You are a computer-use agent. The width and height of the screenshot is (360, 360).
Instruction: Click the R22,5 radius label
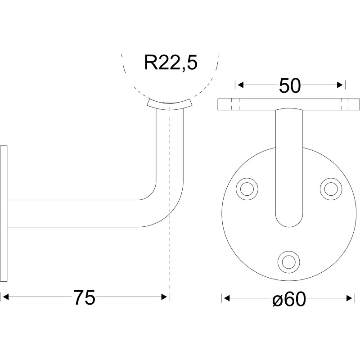(171, 63)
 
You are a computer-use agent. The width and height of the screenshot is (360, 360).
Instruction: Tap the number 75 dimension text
(84, 298)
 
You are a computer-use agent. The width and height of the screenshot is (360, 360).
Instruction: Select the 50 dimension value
(290, 85)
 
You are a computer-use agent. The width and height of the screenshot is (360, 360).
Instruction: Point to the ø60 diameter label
(289, 299)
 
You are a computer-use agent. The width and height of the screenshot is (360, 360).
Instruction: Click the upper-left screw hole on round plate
(247, 189)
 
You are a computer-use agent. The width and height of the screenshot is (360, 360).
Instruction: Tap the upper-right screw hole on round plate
(331, 189)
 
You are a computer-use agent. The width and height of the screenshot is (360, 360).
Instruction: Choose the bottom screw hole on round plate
(289, 262)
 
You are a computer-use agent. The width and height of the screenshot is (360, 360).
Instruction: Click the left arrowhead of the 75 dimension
(5, 297)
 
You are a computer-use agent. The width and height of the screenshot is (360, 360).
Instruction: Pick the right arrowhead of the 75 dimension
(164, 297)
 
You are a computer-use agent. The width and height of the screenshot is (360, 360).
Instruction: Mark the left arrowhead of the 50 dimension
(240, 85)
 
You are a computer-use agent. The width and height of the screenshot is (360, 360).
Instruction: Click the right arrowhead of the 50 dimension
(340, 85)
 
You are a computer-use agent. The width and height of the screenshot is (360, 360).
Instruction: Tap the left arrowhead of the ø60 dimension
(227, 298)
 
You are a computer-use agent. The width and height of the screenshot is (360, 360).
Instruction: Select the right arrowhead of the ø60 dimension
(349, 298)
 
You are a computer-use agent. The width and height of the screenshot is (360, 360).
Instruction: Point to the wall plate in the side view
(4, 213)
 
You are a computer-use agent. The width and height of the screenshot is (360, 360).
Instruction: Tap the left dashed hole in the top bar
(235, 104)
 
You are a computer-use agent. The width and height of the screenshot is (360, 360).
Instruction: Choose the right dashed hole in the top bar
(346, 104)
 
